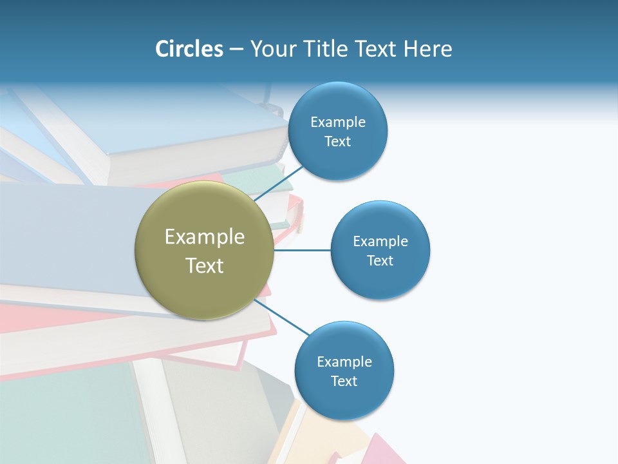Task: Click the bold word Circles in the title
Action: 189,49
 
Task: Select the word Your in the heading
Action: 272,49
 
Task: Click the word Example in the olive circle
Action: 205,237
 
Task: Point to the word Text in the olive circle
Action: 205,266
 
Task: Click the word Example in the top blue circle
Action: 338,122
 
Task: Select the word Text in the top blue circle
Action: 338,142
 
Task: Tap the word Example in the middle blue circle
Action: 380,242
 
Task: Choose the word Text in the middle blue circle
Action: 380,261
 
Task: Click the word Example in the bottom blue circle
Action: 344,362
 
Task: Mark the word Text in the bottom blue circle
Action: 344,382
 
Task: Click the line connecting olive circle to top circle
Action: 279,183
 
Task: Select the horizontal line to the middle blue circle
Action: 303,250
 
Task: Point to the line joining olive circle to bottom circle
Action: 283,317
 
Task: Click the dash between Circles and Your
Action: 236,50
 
